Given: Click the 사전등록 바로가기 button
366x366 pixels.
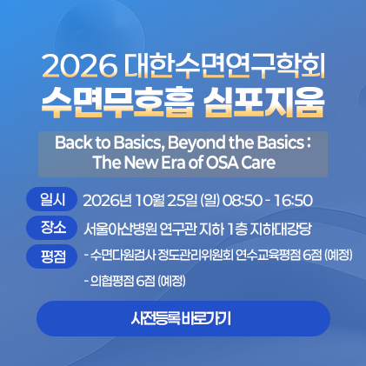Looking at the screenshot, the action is [x=183, y=318].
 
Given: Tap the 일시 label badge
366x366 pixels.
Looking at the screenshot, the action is [x=51, y=199].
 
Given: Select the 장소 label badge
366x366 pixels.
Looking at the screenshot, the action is [x=51, y=228].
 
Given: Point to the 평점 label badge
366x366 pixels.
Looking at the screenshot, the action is [x=51, y=256].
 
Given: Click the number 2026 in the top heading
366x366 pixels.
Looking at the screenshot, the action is [x=80, y=66].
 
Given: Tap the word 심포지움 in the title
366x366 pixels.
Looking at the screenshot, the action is [x=263, y=101].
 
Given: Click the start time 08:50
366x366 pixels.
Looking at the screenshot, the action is [x=243, y=201].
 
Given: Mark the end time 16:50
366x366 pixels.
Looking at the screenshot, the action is [x=294, y=201].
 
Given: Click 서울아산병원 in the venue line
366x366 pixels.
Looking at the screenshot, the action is [x=120, y=230].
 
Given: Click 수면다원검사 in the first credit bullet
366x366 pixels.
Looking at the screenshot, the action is [x=123, y=256].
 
